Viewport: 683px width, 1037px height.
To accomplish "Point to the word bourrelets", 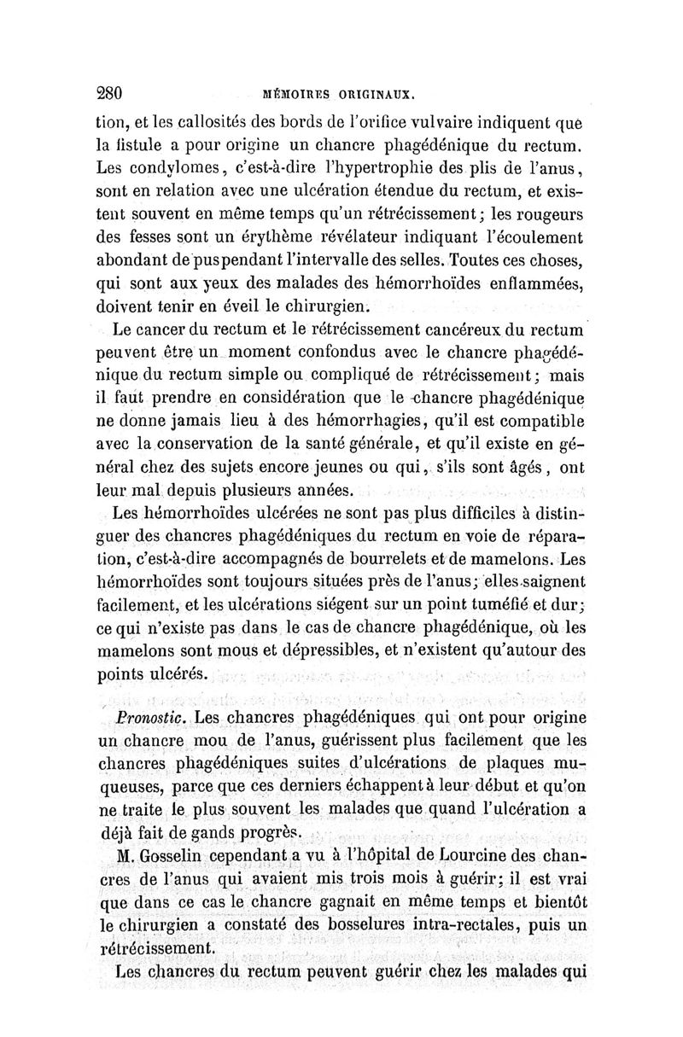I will pyautogui.click(x=408, y=562).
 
